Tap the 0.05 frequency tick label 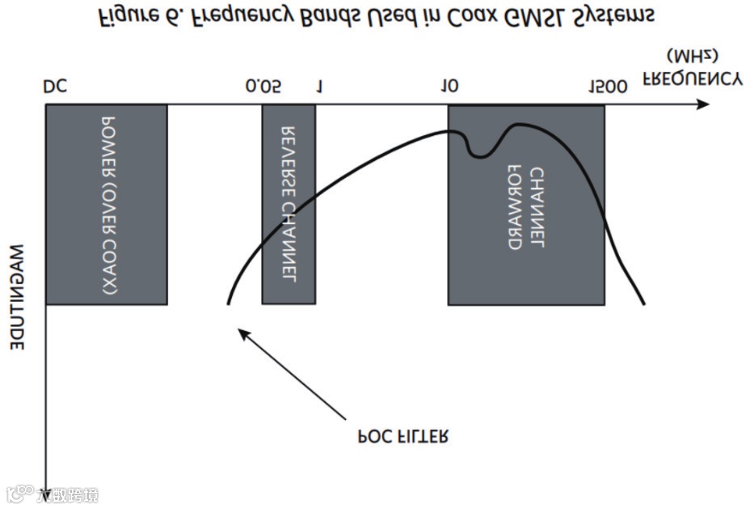[x=263, y=87]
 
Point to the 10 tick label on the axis [x=449, y=87]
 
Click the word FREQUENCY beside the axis [x=692, y=79]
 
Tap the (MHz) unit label [x=692, y=56]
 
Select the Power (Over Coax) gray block [x=106, y=204]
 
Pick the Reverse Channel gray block [x=288, y=204]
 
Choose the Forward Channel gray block [x=526, y=204]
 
